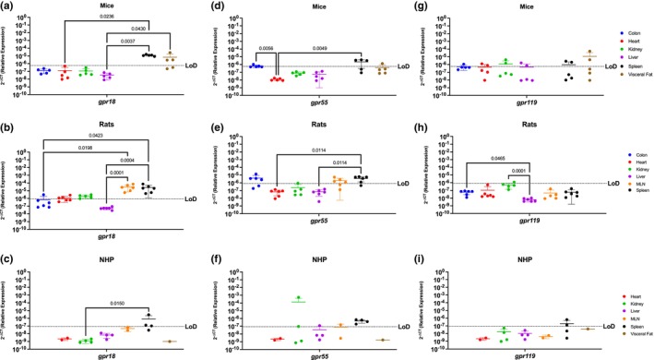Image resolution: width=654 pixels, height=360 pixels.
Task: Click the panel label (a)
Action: pyautogui.click(x=7, y=6)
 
